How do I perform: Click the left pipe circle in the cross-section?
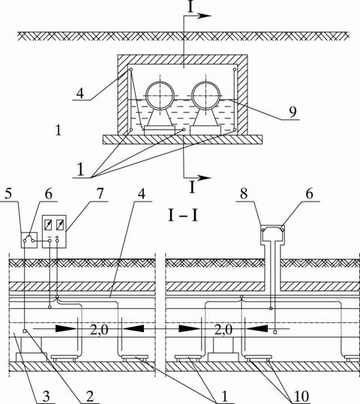(146, 96)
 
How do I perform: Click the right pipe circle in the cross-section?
(192, 96)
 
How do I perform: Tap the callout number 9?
(292, 112)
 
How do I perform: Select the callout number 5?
(8, 193)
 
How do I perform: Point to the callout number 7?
(100, 193)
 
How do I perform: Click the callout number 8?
(244, 193)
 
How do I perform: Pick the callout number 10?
(301, 397)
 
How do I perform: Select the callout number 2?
(90, 397)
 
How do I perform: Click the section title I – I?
(183, 216)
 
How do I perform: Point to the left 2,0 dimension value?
(99, 330)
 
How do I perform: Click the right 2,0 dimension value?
(223, 330)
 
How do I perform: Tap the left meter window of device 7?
(48, 225)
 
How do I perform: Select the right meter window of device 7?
(60, 225)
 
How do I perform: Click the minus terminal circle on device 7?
(49, 241)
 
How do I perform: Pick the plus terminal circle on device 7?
(57, 241)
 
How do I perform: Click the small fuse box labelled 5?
(29, 240)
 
